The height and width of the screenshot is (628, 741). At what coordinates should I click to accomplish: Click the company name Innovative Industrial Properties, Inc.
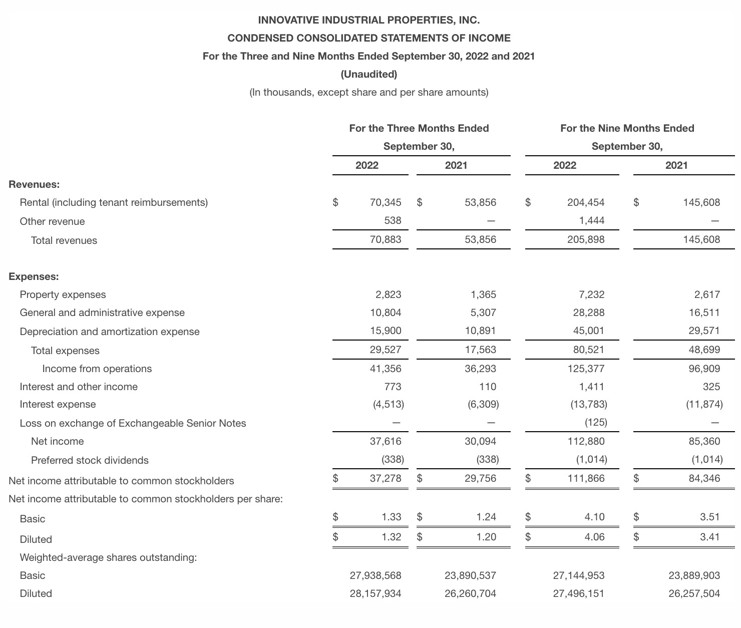tap(369, 21)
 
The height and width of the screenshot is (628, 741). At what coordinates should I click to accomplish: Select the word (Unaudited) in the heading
tap(369, 74)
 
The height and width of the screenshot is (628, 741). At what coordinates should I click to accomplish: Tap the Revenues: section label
tap(34, 184)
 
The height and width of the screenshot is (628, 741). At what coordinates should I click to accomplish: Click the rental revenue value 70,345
tap(386, 202)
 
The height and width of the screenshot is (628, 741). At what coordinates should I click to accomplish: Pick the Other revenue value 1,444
tap(592, 220)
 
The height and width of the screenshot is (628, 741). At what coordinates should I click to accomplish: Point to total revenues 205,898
tap(586, 239)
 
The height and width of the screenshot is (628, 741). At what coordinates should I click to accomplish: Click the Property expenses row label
tap(63, 294)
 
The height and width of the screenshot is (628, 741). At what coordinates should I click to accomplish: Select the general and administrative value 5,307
tap(483, 312)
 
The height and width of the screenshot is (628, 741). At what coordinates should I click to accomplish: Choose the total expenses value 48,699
tap(704, 350)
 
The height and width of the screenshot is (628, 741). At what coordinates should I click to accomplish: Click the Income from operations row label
tap(97, 369)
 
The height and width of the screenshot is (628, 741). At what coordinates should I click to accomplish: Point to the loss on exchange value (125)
tap(596, 422)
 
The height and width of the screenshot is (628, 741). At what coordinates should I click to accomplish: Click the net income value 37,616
tap(386, 441)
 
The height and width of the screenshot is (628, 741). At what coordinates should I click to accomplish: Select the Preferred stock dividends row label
tap(90, 460)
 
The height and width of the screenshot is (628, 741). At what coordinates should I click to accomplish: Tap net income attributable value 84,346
tap(704, 478)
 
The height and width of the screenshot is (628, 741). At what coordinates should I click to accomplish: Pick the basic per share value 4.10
tap(594, 517)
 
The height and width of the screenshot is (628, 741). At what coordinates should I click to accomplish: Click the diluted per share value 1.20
tap(486, 537)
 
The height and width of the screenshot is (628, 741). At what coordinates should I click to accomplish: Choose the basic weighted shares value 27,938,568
tap(376, 575)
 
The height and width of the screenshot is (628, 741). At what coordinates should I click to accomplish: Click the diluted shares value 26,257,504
tap(694, 593)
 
